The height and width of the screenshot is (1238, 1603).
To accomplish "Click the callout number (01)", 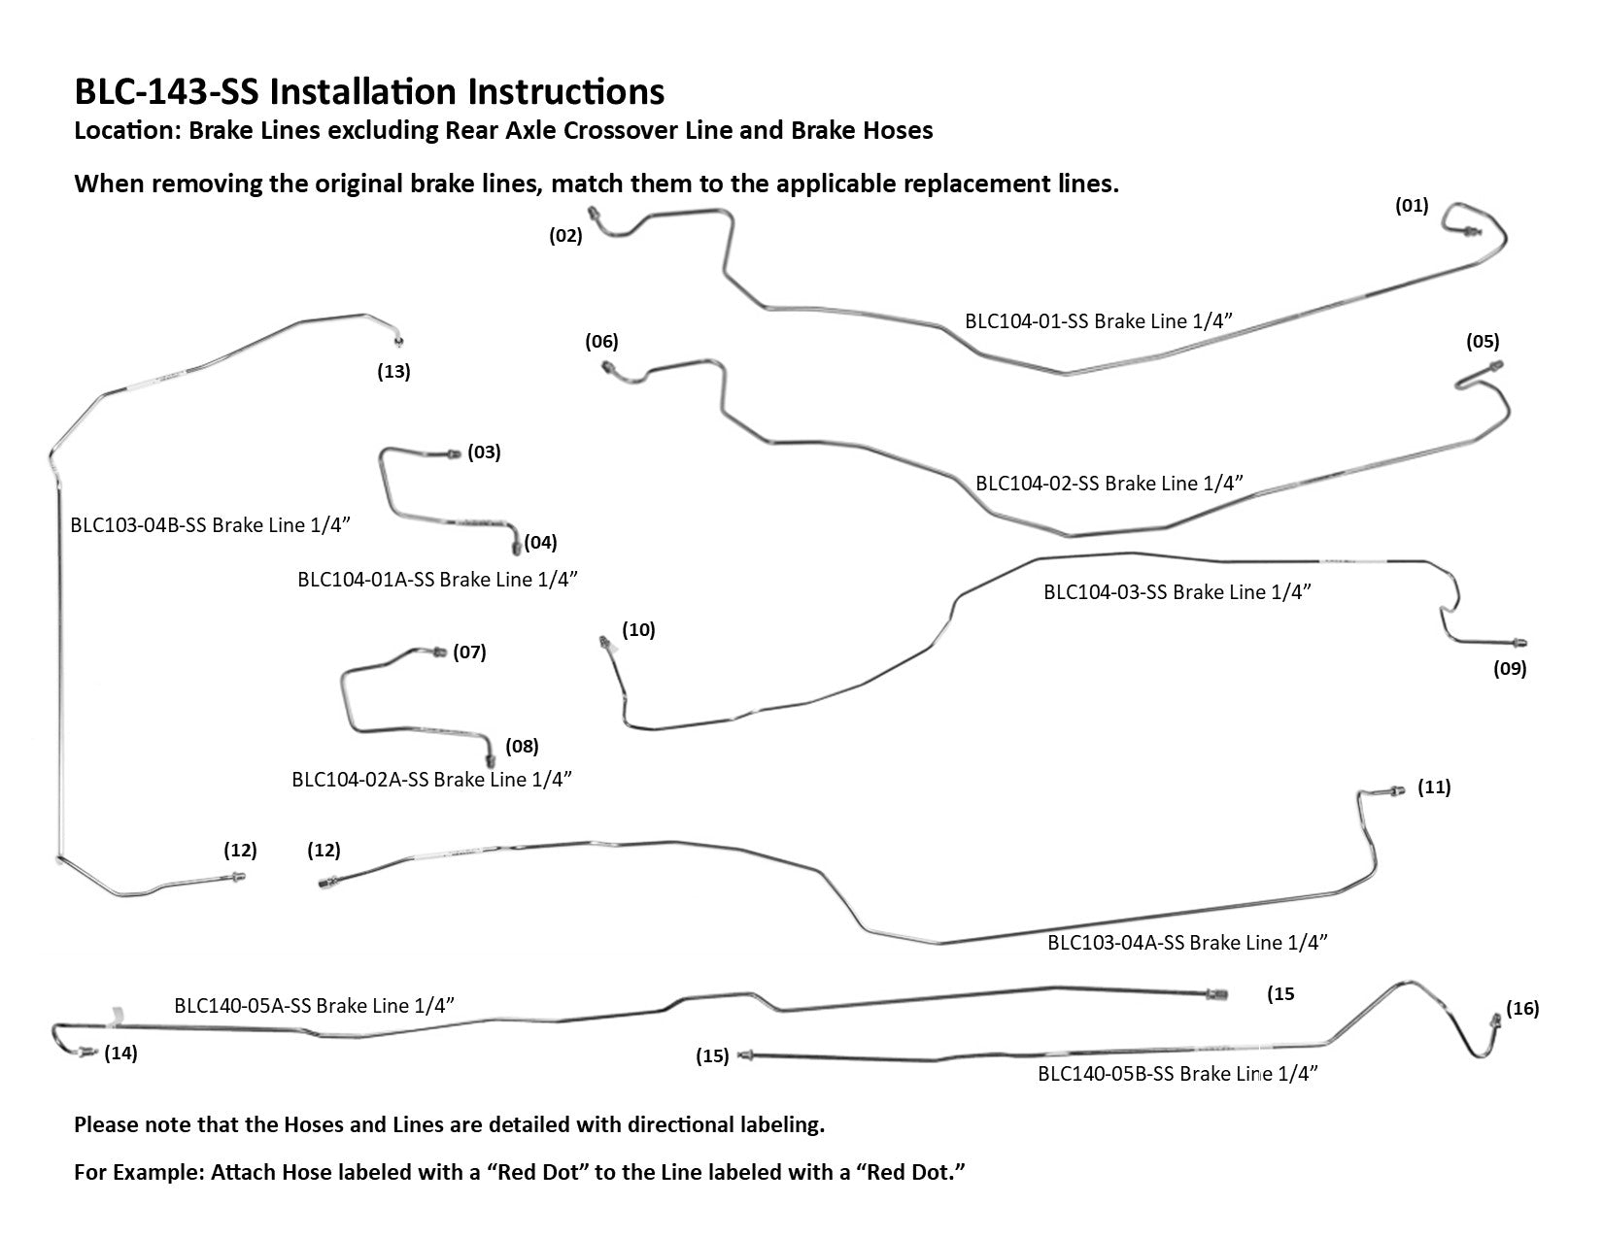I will pos(1411,205).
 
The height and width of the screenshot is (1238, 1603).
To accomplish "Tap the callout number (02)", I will pos(565,235).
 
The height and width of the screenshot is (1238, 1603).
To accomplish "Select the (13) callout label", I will pos(393,371).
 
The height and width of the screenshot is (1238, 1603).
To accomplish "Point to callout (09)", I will pos(1510,668).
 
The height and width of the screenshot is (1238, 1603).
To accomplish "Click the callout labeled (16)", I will pos(1522,1009).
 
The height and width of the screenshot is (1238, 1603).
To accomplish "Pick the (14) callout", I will pos(120,1054).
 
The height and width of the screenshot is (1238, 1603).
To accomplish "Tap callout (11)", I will pos(1434,786).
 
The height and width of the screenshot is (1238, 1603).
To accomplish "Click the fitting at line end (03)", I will pos(453,453).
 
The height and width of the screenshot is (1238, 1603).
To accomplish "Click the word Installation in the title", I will pos(364,91).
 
